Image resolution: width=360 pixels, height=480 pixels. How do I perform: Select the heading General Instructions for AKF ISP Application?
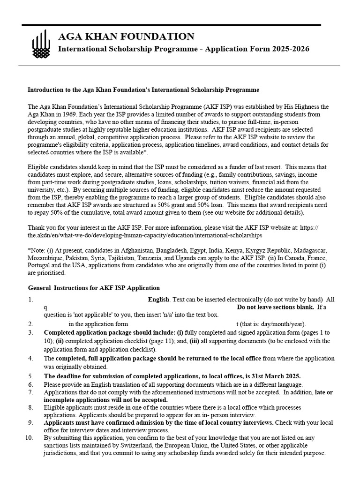pos(94,288)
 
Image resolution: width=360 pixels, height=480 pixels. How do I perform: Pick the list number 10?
pos(29,438)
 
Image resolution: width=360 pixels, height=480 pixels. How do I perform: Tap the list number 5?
pos(30,376)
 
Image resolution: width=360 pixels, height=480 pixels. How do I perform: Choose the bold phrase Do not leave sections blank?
pos(275,307)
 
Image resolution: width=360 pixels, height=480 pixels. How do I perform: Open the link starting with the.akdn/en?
pos(145,235)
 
